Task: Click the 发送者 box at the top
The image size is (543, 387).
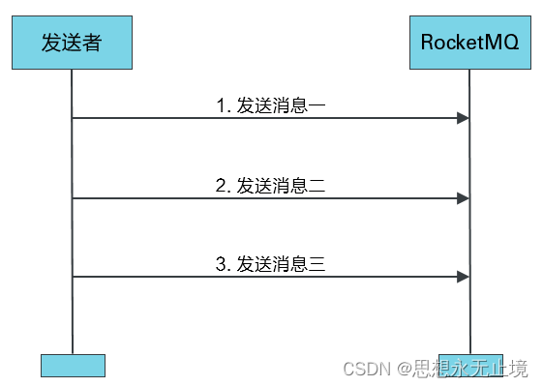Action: tap(73, 43)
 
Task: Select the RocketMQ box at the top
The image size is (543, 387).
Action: tap(469, 43)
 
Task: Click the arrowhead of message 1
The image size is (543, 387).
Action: tap(464, 118)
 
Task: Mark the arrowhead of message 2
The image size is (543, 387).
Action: tap(464, 197)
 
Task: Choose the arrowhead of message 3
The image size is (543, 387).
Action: tap(464, 277)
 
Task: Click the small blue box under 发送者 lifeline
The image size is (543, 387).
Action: tap(73, 365)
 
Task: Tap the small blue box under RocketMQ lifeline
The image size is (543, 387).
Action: tap(469, 361)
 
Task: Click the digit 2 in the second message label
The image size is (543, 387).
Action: tap(221, 186)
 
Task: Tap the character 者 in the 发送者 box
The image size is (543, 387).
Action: tap(93, 43)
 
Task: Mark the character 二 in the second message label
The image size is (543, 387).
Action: tap(315, 186)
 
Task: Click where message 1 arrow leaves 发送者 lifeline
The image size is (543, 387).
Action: tap(74, 118)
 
